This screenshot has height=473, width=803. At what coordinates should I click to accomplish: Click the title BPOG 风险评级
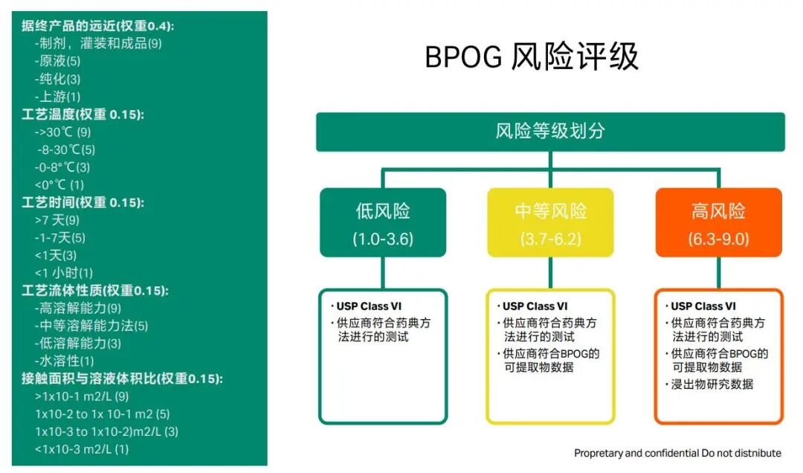tap(532, 58)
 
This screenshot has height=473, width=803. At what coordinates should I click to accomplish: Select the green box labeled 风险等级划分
tap(550, 132)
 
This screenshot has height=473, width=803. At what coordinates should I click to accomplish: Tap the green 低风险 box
tap(383, 222)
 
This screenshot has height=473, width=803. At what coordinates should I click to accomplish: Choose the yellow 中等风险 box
tap(550, 222)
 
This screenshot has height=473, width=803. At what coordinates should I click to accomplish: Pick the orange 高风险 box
tap(718, 222)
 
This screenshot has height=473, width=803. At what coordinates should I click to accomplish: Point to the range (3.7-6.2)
tap(550, 239)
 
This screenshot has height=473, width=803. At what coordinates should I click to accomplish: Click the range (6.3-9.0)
tap(718, 239)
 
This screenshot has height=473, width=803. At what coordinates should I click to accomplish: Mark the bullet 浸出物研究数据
tap(712, 384)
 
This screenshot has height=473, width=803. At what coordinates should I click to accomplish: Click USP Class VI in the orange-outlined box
tap(703, 306)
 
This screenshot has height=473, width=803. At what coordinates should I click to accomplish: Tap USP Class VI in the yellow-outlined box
tap(535, 306)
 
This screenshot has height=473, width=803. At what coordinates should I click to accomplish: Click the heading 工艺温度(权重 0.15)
tap(83, 115)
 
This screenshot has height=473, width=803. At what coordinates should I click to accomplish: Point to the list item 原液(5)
tap(57, 61)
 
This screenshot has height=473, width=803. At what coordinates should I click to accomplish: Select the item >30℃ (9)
tap(62, 132)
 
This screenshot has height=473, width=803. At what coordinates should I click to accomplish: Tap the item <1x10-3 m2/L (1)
tap(82, 449)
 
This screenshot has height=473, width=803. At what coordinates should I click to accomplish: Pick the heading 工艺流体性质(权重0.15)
tap(94, 291)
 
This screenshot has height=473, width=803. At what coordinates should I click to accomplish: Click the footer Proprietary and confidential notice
tap(677, 453)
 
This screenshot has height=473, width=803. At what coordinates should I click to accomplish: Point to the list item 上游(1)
tap(57, 97)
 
